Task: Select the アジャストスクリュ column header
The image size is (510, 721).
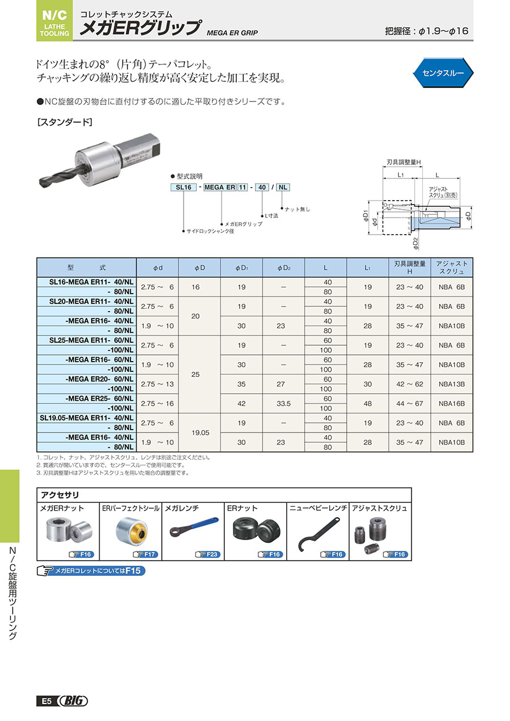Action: coord(452,268)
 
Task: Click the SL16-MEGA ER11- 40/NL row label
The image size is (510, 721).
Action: coord(87,282)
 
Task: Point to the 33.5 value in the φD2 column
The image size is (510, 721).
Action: coord(283,403)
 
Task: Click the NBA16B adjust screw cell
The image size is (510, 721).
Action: coord(452,403)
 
